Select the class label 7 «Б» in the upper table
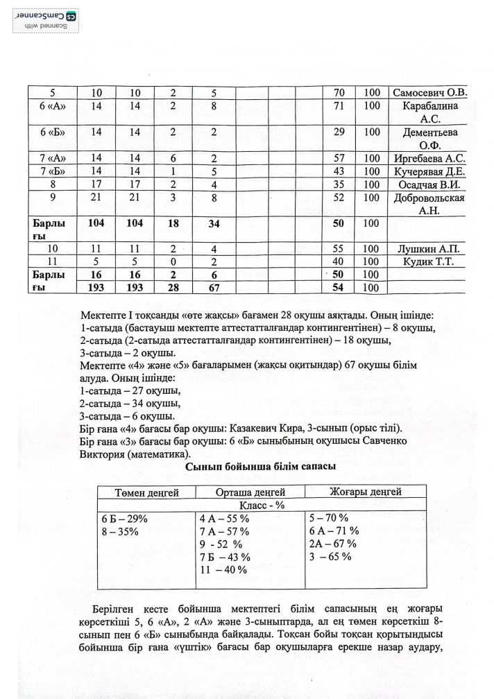(48, 172)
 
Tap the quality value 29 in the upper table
(340, 132)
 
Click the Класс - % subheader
(252, 506)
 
